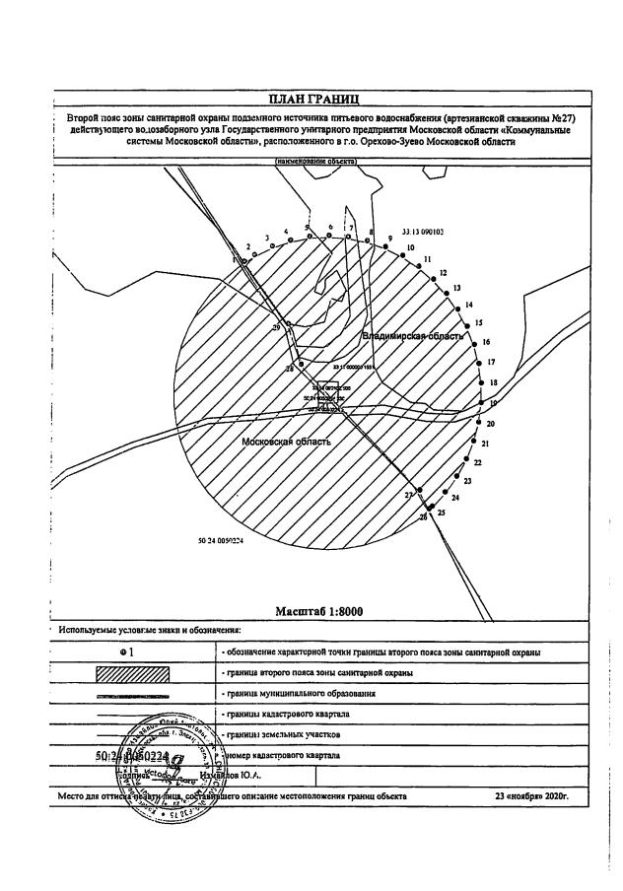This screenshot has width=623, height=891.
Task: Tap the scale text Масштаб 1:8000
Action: pyautogui.click(x=318, y=611)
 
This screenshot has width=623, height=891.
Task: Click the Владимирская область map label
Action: pyautogui.click(x=413, y=336)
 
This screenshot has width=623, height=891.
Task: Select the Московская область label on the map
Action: pyautogui.click(x=286, y=442)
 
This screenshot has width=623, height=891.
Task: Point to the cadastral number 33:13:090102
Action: pyautogui.click(x=424, y=233)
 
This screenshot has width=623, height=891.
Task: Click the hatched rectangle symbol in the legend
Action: pyautogui.click(x=132, y=672)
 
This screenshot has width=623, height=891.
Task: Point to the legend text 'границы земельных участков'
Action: pyautogui.click(x=273, y=734)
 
